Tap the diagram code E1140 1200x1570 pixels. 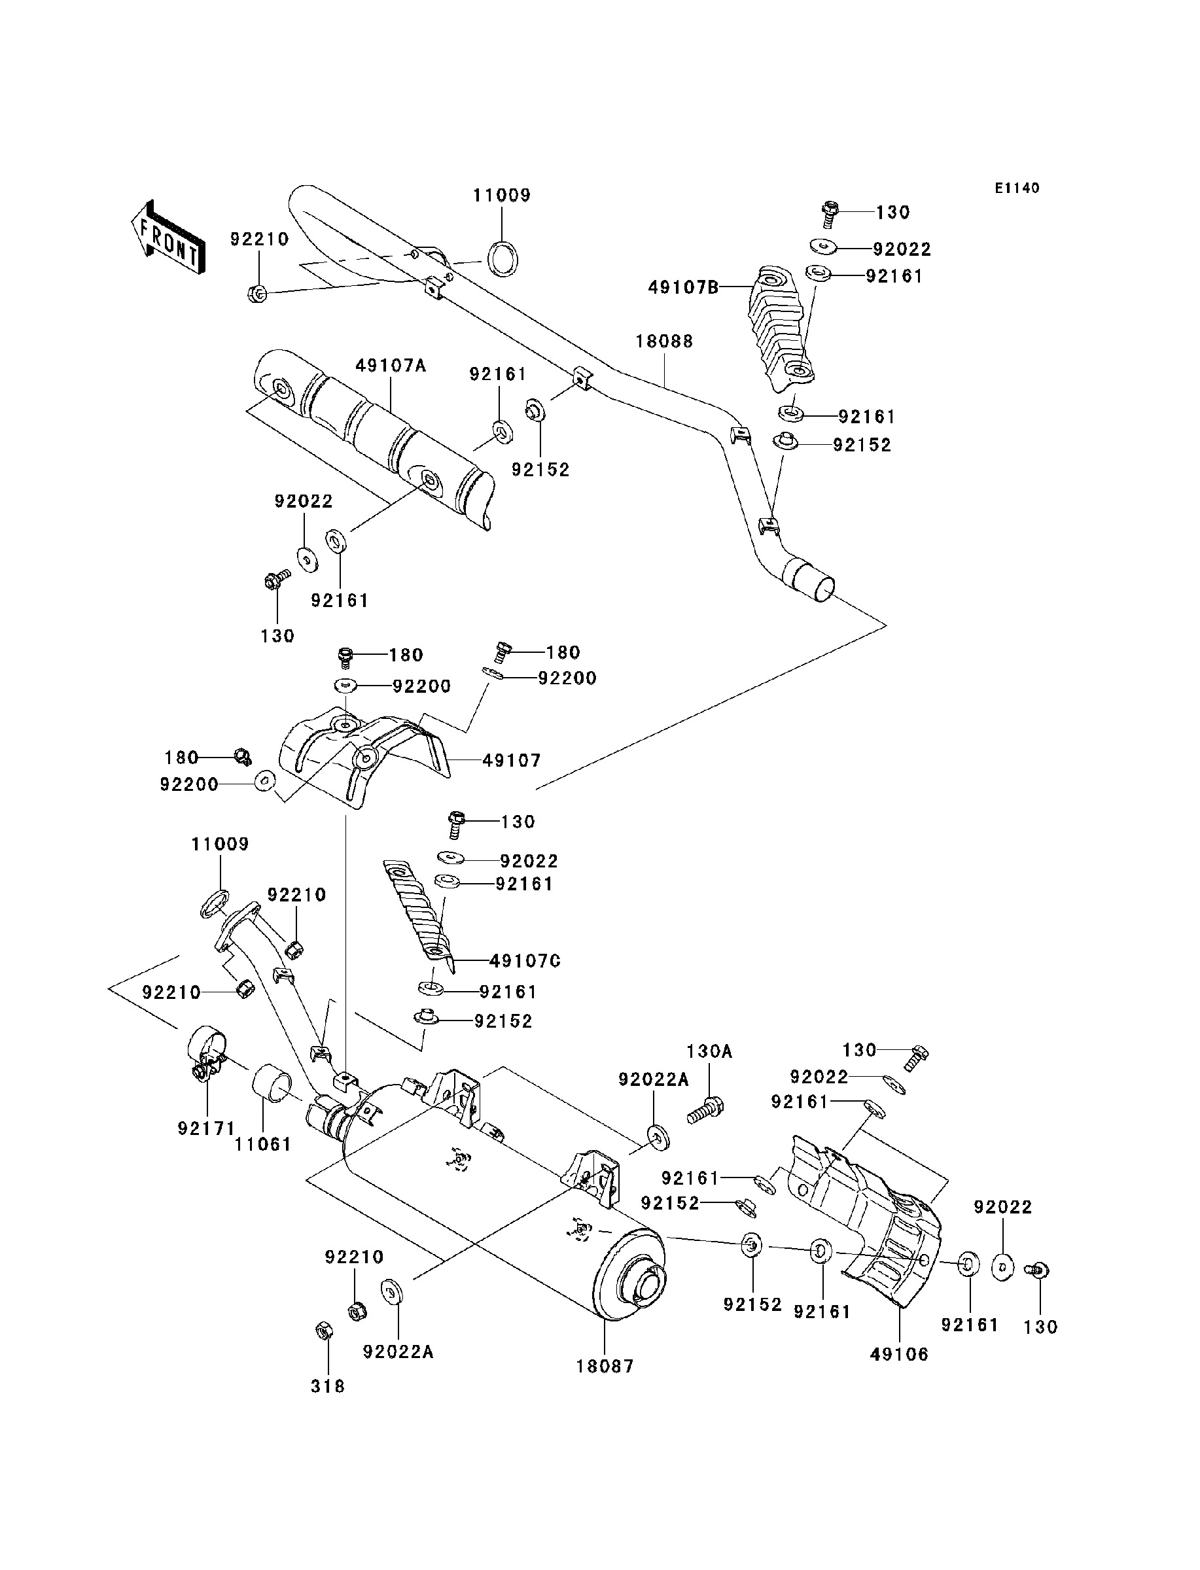click(1017, 188)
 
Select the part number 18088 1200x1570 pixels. click(664, 341)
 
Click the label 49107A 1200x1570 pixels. click(391, 366)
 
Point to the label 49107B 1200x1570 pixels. click(684, 288)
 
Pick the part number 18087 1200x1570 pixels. click(605, 1366)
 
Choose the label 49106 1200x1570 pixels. click(899, 1353)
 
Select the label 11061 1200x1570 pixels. click(264, 1145)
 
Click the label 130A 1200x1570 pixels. click(709, 1051)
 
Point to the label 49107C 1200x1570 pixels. click(525, 961)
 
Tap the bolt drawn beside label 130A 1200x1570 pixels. click(706, 1110)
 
